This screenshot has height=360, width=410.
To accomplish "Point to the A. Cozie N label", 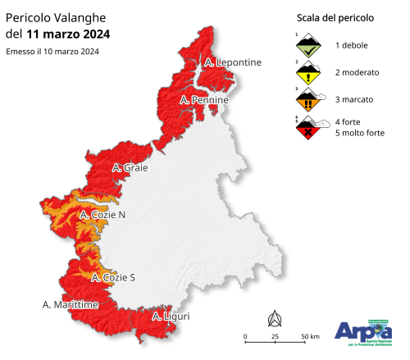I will pos(102,215).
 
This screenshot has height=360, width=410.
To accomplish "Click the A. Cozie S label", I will pos(112,277).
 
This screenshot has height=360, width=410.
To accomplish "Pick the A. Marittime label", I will pos(70,304).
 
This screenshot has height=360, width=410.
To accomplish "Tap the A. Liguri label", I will pos(171,315).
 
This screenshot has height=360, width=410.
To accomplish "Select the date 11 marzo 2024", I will pos(68,34).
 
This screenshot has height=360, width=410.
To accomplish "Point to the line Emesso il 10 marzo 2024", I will pos(52,52).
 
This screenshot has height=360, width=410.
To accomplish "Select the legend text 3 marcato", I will pos(353,99).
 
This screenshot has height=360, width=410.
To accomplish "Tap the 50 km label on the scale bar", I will pos(309,337).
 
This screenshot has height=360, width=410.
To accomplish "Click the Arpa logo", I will pos(363,331).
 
